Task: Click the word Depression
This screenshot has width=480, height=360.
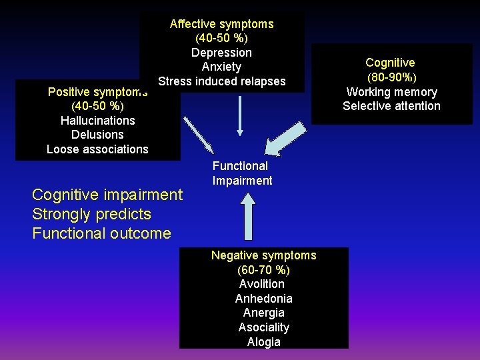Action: [221, 53]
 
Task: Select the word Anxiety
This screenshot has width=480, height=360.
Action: [221, 67]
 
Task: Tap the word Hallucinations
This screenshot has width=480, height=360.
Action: [97, 121]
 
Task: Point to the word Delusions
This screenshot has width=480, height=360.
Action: [97, 135]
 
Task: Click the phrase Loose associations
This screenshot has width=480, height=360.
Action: [97, 149]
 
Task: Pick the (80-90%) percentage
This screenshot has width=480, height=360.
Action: [391, 77]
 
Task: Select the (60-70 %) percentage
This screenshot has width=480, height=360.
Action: [263, 270]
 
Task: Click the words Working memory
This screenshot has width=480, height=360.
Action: [391, 92]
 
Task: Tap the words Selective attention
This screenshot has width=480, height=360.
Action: [391, 106]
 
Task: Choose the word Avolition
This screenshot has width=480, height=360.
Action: [261, 284]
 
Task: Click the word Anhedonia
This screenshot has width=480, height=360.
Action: [263, 299]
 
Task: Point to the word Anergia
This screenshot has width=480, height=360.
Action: [263, 313]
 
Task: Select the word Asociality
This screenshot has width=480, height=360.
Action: [263, 327]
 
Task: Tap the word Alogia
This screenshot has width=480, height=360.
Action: [263, 342]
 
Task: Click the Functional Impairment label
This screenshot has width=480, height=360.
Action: [242, 173]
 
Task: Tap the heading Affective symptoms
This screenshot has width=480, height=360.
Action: [221, 24]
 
